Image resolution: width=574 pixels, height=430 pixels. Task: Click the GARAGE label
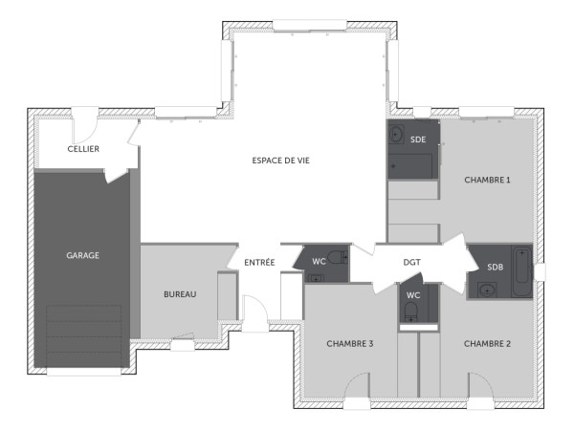click(x=83, y=255)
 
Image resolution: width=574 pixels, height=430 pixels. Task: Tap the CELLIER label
click(x=83, y=149)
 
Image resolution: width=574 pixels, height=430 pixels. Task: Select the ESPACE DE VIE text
click(x=280, y=160)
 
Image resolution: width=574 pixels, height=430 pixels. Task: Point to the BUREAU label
click(x=179, y=294)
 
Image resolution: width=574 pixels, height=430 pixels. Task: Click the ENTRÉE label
click(x=259, y=262)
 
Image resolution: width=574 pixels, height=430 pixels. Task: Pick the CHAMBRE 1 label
click(x=487, y=180)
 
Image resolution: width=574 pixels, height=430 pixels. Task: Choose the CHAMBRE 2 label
click(x=487, y=343)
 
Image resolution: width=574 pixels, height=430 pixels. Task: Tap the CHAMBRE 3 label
click(x=349, y=343)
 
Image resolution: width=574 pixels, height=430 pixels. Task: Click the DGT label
click(x=411, y=262)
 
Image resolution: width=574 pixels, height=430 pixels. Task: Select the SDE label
click(x=418, y=140)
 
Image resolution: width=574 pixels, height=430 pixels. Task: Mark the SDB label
click(x=495, y=267)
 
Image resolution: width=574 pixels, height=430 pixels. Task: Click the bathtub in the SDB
click(x=521, y=272)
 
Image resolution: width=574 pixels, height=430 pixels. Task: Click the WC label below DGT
click(x=413, y=295)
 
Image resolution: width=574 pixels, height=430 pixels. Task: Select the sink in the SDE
click(x=396, y=135)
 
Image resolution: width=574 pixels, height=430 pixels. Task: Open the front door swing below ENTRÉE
click(x=255, y=313)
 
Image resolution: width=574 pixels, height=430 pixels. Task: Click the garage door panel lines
click(x=84, y=336)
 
